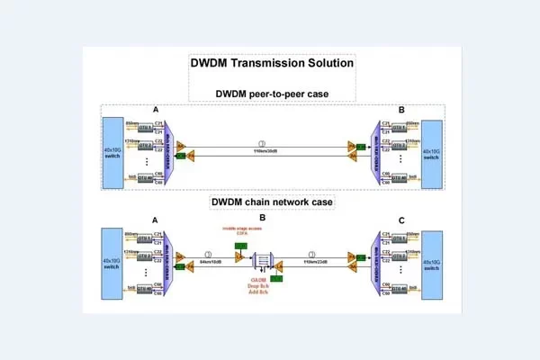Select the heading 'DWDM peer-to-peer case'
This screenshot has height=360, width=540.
coord(271,94)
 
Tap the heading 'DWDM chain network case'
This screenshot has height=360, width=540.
coord(272,202)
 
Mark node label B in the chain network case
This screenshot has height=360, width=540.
coord(261,219)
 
